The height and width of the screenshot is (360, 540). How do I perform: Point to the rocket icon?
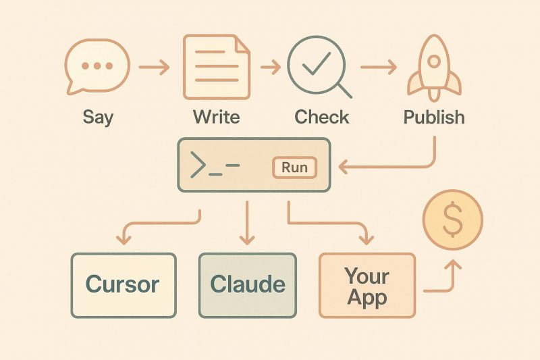pos(434,66)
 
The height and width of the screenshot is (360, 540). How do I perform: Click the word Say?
pos(99,116)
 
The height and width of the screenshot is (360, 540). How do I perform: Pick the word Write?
pos(217,116)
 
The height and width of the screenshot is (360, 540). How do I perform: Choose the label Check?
pos(322,116)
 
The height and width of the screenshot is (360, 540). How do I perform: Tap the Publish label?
pos(434,116)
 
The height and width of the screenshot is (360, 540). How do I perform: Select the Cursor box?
pos(123,284)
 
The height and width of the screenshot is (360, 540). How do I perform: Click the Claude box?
pos(248,284)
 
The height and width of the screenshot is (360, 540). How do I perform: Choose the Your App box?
pos(367,286)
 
